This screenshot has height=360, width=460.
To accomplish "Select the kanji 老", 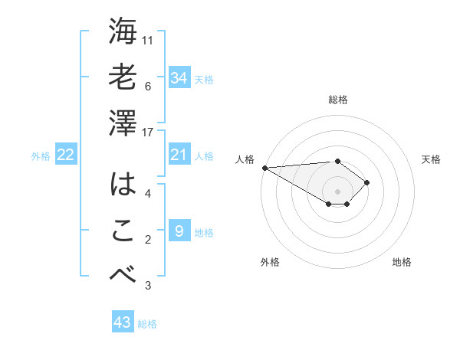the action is tap(123, 77).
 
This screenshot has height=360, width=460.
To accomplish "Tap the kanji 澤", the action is tap(123, 123).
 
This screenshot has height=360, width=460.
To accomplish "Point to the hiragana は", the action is tap(123, 185).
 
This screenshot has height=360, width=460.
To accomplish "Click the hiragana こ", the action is tap(123, 231).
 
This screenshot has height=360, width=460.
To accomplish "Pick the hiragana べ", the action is tap(123, 275).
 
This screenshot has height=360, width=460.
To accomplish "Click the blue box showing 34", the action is tap(179, 77).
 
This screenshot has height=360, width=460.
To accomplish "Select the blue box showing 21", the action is tap(179, 155).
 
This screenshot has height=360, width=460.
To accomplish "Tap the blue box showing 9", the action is tap(179, 231).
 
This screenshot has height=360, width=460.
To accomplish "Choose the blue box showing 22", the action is tap(65, 155).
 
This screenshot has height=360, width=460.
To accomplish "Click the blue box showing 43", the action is tap(122, 322).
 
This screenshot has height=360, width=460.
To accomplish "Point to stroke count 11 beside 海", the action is tap(149, 39).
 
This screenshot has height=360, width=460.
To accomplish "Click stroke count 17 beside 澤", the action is tap(149, 133).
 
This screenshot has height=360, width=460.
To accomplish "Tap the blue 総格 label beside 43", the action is tap(147, 324).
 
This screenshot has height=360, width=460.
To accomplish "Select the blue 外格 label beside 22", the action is tap(41, 156).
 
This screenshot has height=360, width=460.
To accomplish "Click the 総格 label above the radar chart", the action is tap(337, 100).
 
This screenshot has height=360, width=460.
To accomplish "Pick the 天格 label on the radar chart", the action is tap(431, 159).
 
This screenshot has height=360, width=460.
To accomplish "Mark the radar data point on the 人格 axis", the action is tap(264, 167).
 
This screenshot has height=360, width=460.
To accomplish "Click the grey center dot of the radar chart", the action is tap(337, 190).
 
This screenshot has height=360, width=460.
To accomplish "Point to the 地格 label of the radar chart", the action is tap(402, 262).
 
